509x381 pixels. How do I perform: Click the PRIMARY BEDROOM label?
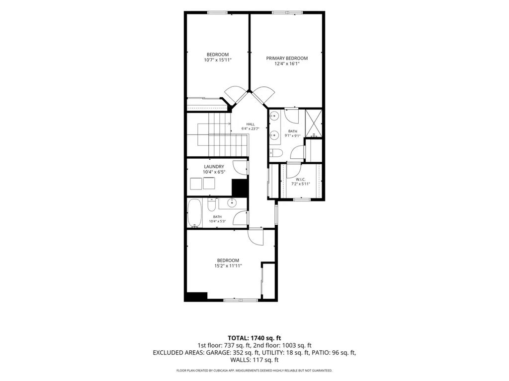[x=287, y=59]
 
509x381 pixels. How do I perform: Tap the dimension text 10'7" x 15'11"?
[x=218, y=60]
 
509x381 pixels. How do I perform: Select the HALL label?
[x=251, y=124]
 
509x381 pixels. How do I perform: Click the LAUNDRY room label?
[x=214, y=167]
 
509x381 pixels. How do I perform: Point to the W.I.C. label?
[x=301, y=179]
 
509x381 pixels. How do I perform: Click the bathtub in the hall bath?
[x=194, y=213]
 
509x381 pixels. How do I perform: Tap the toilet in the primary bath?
[x=277, y=153]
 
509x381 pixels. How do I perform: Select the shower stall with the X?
[x=314, y=123]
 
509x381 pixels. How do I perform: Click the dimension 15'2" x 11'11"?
[x=228, y=266]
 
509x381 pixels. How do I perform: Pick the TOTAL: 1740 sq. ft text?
[x=254, y=338]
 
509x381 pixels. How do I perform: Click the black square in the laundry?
[x=240, y=188]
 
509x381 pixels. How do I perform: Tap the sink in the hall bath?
[x=232, y=203]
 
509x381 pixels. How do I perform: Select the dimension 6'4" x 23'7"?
[x=251, y=128]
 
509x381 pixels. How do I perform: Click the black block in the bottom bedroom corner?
[x=196, y=296]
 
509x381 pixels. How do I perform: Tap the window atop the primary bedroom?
[x=287, y=12]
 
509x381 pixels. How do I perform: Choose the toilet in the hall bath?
[x=211, y=205]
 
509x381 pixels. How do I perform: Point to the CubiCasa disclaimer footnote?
[x=254, y=370]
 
